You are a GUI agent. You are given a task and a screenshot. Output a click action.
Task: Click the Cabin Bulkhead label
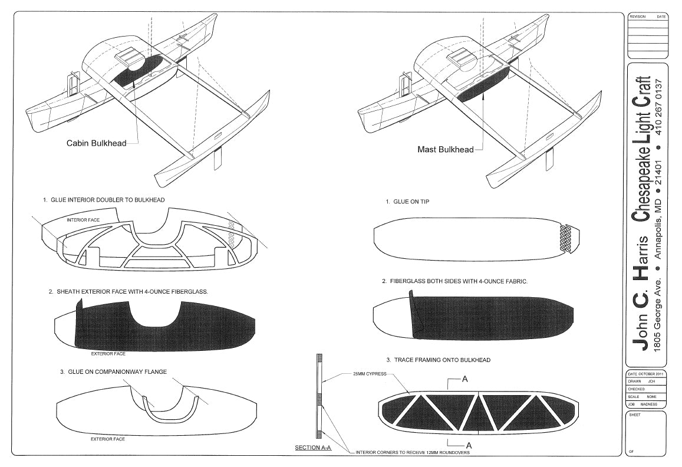click(96, 143)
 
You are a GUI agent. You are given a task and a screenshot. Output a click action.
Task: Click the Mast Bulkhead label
click(445, 149)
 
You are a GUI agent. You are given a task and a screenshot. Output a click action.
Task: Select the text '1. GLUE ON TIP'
click(407, 202)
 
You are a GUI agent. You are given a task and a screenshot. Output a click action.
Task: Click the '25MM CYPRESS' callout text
click(370, 374)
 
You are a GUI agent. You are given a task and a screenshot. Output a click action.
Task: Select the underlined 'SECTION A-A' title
click(314, 448)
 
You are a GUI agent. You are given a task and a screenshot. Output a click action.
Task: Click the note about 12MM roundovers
click(413, 453)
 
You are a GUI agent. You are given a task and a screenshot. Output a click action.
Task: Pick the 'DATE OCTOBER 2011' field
click(646, 374)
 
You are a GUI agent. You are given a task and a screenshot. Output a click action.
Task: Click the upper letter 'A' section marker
click(464, 379)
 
